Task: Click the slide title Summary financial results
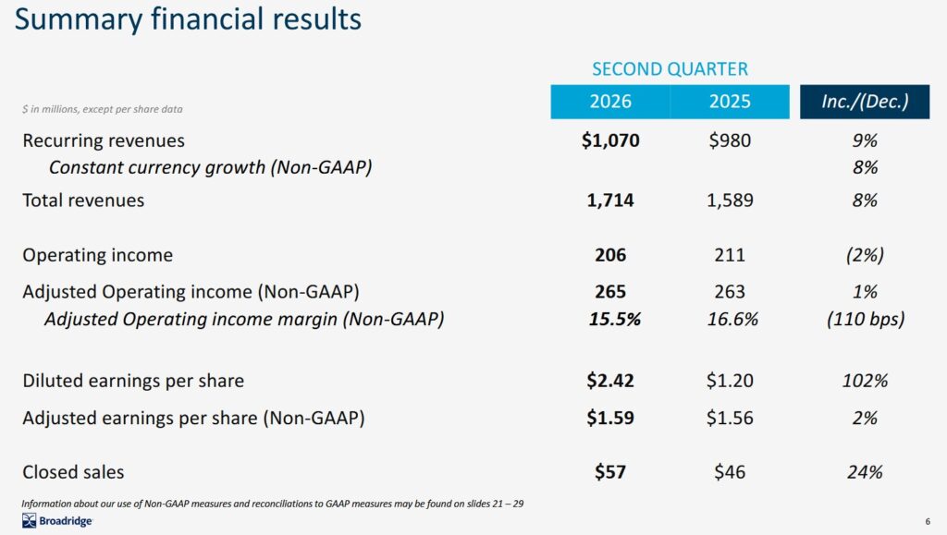tap(189, 20)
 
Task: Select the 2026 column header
tap(610, 102)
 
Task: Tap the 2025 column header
tap(730, 102)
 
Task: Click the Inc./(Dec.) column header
tap(865, 102)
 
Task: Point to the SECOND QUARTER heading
tap(670, 69)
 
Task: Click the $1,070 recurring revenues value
tap(610, 140)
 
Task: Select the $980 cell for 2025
tap(730, 140)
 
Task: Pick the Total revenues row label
tap(83, 200)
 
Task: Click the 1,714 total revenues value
tap(610, 200)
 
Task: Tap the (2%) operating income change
tap(865, 255)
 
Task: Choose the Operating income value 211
tap(730, 255)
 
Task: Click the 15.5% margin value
tap(614, 320)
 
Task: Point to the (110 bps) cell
tap(865, 320)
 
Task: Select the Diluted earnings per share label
tap(133, 381)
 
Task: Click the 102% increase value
tap(865, 381)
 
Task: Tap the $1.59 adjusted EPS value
tap(610, 418)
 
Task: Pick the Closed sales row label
tap(73, 472)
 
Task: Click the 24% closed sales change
tap(865, 472)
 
